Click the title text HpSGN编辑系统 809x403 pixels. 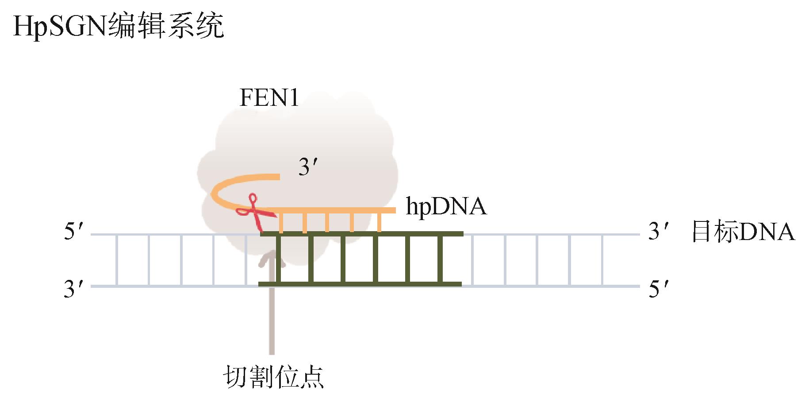click(119, 26)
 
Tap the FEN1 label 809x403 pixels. click(269, 98)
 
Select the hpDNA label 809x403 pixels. click(446, 206)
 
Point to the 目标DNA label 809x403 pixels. click(743, 232)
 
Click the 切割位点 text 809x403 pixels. click(273, 377)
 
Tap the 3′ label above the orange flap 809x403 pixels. click(308, 167)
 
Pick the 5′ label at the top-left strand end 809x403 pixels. click(73, 232)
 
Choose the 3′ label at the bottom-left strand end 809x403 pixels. click(73, 289)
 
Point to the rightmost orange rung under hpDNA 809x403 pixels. click(380, 222)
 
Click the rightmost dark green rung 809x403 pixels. click(441, 260)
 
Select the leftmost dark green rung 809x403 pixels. click(279, 260)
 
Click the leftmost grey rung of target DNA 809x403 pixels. click(116, 260)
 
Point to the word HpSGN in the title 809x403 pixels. click(60, 26)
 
